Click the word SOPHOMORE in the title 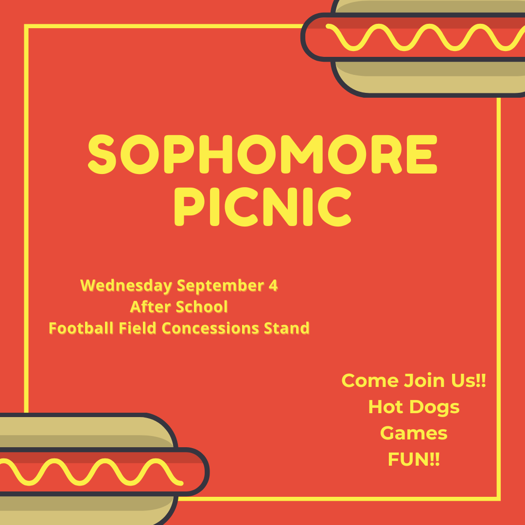[x=262, y=154]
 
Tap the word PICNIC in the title [x=263, y=207]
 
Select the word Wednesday [x=126, y=286]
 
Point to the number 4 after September [x=273, y=285]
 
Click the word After [x=151, y=307]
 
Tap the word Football [x=81, y=328]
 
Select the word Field [x=138, y=328]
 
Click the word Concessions [x=210, y=328]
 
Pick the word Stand [x=287, y=328]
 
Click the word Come [x=370, y=381]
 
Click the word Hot [x=385, y=407]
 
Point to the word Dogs [x=434, y=407]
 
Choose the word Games [x=414, y=434]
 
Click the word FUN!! [x=414, y=459]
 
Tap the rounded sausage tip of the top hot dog [x=303, y=37]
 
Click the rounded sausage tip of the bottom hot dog [x=207, y=472]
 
